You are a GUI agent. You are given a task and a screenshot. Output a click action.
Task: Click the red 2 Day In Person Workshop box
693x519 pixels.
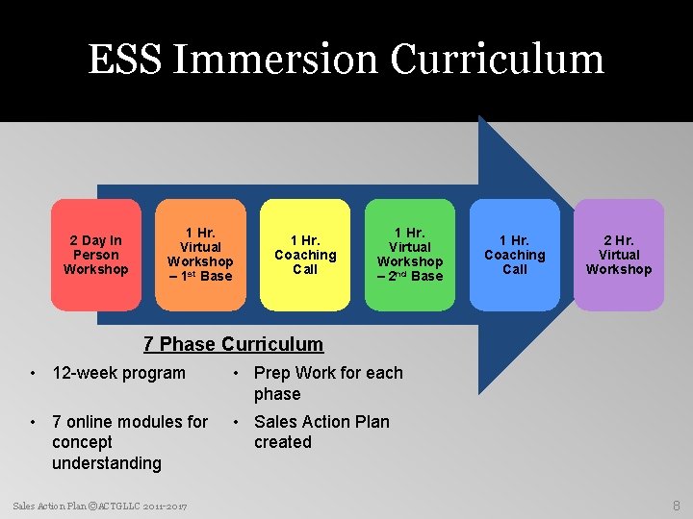click(95, 255)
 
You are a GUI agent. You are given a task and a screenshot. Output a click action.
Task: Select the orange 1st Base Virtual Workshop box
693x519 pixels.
click(200, 255)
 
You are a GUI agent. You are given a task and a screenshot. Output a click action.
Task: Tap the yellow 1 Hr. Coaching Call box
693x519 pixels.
click(305, 255)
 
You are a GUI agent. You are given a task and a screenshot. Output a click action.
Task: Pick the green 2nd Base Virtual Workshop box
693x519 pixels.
click(410, 255)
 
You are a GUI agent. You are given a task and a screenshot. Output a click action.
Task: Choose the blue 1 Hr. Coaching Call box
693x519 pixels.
click(514, 255)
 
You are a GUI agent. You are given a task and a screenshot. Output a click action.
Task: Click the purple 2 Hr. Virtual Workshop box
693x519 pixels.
click(619, 255)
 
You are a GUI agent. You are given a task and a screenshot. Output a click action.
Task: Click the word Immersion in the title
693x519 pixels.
click(278, 60)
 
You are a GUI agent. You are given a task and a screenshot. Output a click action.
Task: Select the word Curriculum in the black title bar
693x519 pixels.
click(498, 60)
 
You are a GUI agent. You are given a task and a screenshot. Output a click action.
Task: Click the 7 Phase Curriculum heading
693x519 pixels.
click(233, 344)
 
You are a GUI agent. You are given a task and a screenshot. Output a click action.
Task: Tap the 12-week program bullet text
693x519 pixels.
click(118, 373)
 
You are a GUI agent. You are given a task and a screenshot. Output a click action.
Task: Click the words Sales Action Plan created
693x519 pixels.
click(321, 432)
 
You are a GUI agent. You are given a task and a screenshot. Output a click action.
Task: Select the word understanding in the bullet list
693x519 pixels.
click(107, 463)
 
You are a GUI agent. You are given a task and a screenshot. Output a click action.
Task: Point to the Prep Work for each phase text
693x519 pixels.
click(327, 383)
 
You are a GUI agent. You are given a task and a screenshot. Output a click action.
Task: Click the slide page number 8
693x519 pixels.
click(677, 506)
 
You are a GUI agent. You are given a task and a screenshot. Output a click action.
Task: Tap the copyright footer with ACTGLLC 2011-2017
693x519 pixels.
click(100, 506)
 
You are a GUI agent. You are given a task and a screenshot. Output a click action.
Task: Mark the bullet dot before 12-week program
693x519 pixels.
click(34, 374)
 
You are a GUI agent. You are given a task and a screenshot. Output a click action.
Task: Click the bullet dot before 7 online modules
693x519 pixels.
click(34, 422)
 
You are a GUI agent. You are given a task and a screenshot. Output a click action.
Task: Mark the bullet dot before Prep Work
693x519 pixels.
click(236, 374)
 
